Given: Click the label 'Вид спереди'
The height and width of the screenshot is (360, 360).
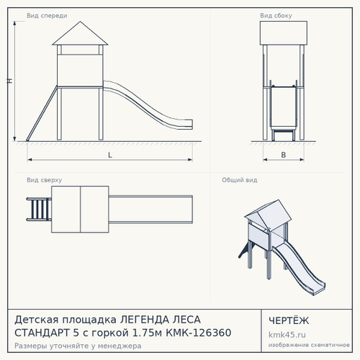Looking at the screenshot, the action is tap(47, 16).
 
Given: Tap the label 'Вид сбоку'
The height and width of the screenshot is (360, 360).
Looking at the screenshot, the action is tap(276, 16).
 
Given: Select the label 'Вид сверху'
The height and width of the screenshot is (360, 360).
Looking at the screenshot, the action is tap(44, 180).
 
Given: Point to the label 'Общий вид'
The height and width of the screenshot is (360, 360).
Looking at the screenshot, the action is tap(240, 180).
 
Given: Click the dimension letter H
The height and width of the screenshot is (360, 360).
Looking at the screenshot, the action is tap(9, 81).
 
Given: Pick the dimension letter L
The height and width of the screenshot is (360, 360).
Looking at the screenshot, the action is tap(110, 155).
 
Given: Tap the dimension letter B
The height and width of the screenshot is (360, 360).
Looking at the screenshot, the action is tap(284, 155).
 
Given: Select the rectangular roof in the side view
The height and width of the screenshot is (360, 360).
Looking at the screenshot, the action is tap(284, 33).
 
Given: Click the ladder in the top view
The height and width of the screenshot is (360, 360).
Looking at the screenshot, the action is tap(39, 209).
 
